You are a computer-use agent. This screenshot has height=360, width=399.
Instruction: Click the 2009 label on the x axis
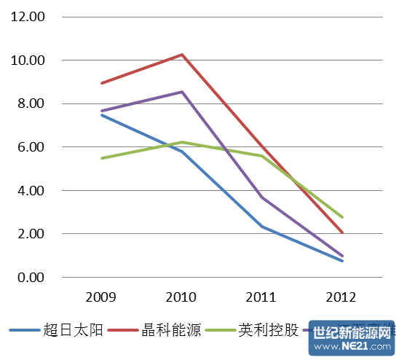tap(100, 297)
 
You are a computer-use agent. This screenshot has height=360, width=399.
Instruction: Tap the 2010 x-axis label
tap(181, 297)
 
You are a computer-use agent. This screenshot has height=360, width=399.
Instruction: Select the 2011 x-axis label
tap(261, 297)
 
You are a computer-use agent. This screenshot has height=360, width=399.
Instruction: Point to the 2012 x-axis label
tap(341, 297)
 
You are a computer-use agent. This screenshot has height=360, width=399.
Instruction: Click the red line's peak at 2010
tap(182, 55)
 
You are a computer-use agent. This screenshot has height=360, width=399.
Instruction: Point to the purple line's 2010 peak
tap(182, 92)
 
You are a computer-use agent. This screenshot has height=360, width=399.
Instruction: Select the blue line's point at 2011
tap(262, 227)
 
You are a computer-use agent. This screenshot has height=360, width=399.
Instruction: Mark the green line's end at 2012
tap(342, 217)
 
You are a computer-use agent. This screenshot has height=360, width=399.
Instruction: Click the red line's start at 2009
tap(101, 83)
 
